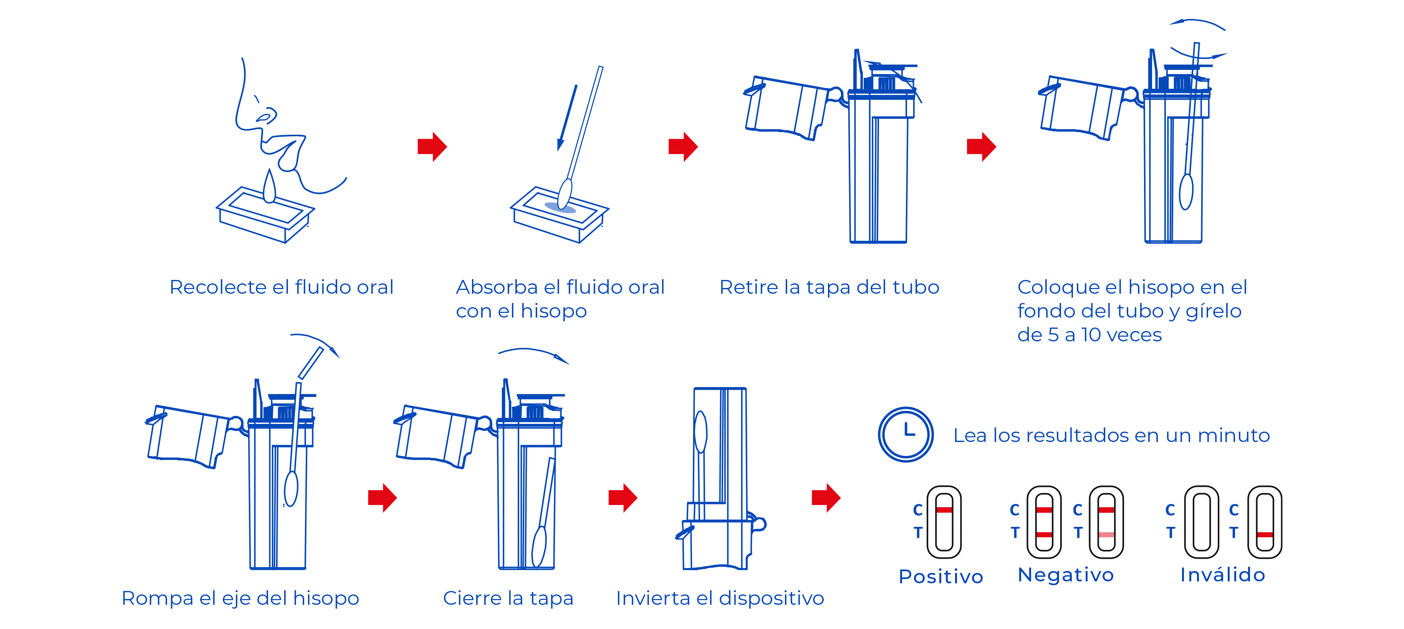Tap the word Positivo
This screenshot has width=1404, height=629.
941,576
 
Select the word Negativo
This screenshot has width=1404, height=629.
1066,574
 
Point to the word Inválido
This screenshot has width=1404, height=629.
1222,574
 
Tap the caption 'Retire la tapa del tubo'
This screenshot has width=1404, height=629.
829,287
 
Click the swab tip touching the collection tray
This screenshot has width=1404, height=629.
565,194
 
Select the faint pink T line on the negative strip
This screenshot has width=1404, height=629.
1106,535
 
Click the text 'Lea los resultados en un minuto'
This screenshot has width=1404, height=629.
1111,435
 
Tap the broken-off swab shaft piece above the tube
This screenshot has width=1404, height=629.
311,363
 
